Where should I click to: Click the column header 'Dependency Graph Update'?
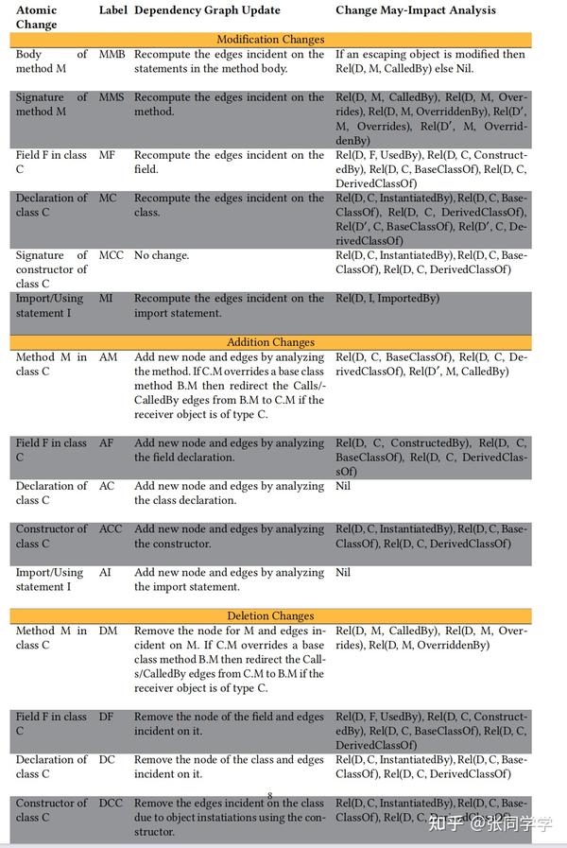pyautogui.click(x=207, y=10)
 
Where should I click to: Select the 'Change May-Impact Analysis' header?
pyautogui.click(x=416, y=10)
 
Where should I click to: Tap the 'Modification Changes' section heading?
pyautogui.click(x=270, y=40)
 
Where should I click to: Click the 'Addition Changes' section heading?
pyautogui.click(x=270, y=342)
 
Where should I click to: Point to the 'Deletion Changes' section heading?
pyautogui.click(x=270, y=615)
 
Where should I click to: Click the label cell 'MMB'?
pyautogui.click(x=112, y=55)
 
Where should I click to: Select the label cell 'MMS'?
pyautogui.click(x=112, y=97)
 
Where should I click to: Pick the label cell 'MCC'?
pyautogui.click(x=112, y=255)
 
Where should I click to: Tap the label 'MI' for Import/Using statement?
pyautogui.click(x=107, y=298)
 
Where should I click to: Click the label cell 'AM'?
pyautogui.click(x=108, y=357)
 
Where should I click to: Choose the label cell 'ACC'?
pyautogui.click(x=111, y=529)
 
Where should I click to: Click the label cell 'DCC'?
pyautogui.click(x=112, y=803)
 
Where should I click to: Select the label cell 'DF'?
pyautogui.click(x=107, y=717)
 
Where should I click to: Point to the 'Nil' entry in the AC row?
pyautogui.click(x=343, y=486)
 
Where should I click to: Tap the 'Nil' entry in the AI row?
pyautogui.click(x=343, y=572)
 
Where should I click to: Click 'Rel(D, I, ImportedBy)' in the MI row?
pyautogui.click(x=387, y=298)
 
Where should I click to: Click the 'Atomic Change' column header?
pyautogui.click(x=36, y=17)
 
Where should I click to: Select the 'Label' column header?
pyautogui.click(x=113, y=10)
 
